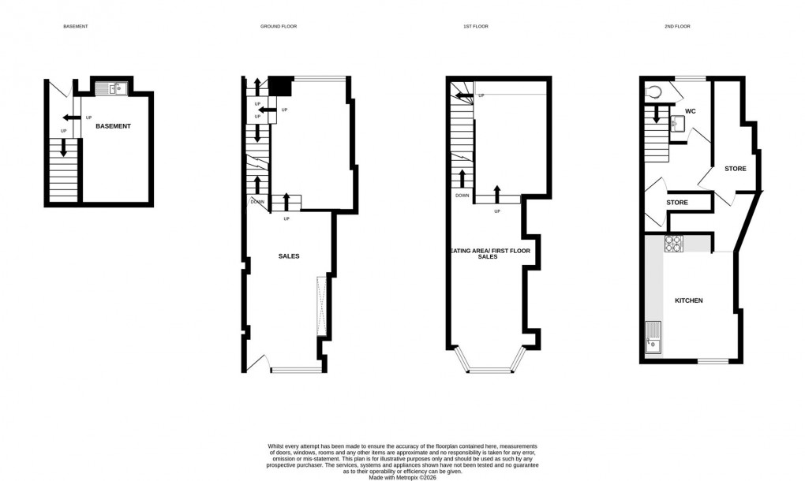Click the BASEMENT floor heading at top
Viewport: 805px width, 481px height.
76,27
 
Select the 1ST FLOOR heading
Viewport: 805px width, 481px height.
475,27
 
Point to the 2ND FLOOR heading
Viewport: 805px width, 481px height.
677,27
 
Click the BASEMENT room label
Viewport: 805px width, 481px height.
113,126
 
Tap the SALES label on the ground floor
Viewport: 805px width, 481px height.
289,256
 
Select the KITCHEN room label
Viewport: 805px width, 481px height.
688,300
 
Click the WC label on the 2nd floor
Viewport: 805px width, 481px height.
691,110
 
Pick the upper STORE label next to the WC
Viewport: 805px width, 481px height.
736,169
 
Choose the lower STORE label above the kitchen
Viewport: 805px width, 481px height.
677,203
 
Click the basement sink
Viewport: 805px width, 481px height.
115,89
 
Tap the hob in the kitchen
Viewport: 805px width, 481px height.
673,244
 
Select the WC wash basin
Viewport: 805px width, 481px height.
676,125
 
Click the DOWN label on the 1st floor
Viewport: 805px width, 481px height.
462,196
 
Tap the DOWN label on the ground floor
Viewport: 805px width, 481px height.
257,203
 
